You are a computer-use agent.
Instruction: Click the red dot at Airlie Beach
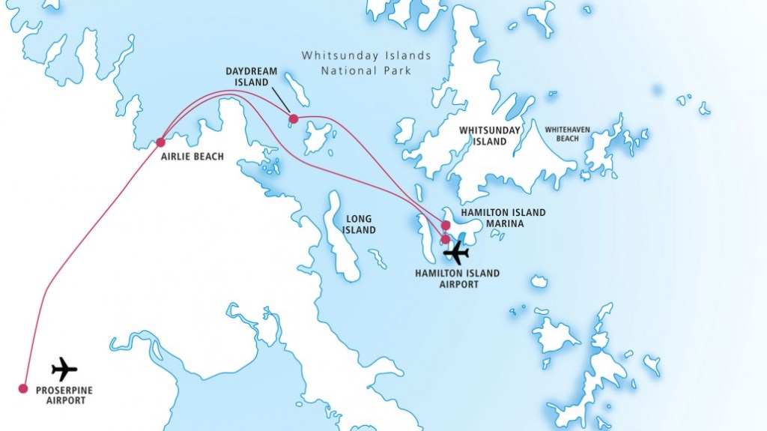pos(160,142)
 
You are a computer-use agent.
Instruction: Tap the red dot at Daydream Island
pos(293,118)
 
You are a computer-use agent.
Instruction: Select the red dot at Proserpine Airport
pos(23,388)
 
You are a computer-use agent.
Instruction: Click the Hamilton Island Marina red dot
pos(446,225)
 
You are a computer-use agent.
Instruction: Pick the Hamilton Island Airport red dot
pos(446,239)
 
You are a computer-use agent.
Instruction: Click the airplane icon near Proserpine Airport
pos(64,369)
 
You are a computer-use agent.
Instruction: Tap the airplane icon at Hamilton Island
pos(456,253)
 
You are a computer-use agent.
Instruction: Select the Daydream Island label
pos(251,76)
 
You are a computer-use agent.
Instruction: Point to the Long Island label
pos(360,224)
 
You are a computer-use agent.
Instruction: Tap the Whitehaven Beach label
pos(567,134)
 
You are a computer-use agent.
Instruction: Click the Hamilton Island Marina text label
pos(503,217)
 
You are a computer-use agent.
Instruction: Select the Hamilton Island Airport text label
pos(457,279)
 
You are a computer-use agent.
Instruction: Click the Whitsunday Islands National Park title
pos(366,62)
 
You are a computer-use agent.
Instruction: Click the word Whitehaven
pos(567,130)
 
